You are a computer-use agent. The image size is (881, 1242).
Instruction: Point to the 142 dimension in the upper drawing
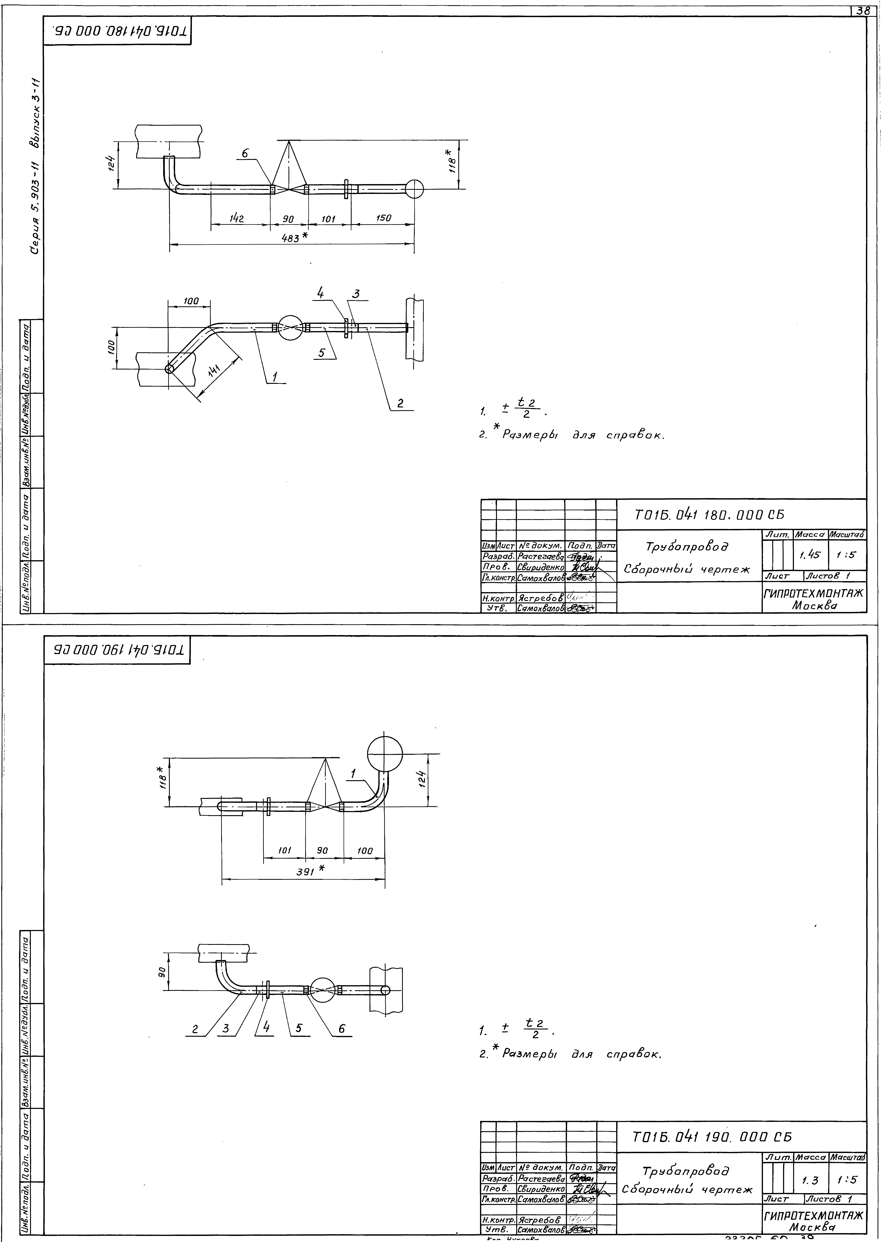[x=236, y=219]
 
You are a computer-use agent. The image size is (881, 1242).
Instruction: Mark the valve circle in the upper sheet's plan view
[x=291, y=328]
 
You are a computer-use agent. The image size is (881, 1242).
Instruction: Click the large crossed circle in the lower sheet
[x=385, y=754]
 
